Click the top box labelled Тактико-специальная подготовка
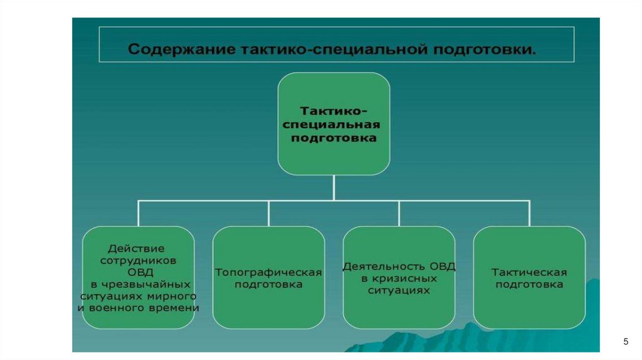[334, 124]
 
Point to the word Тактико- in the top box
[334, 110]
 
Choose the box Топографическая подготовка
[268, 277]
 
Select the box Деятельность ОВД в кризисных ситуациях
[399, 277]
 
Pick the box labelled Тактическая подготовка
[529, 277]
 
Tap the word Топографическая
[268, 272]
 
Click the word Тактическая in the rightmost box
[529, 272]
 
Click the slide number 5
[625, 342]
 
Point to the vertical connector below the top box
[334, 188]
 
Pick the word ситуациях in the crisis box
[399, 290]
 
